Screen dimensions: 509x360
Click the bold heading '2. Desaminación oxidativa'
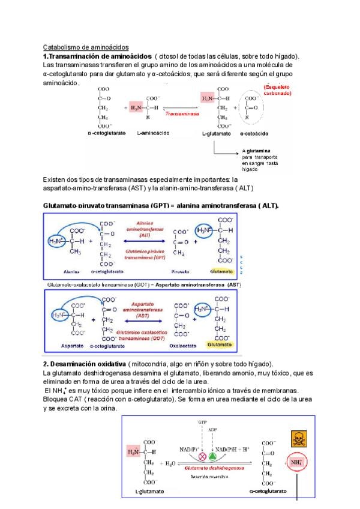click(85, 364)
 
